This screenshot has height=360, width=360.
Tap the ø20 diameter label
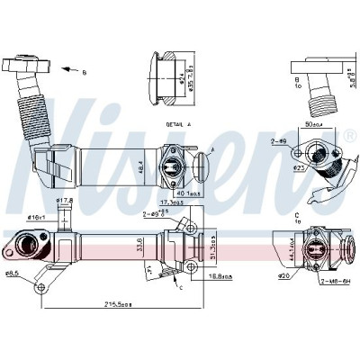pyautogui.click(x=283, y=277)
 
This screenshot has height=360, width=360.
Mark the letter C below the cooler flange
pyautogui.click(x=181, y=286)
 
